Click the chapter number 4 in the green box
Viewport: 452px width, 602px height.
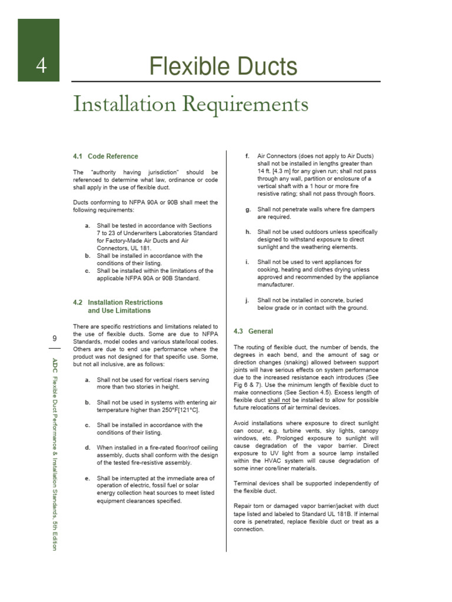41,66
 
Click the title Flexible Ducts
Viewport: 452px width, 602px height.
222,66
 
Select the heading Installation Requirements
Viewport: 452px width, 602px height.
191,105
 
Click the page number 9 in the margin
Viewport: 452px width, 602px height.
55,339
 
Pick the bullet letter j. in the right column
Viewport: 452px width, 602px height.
247,300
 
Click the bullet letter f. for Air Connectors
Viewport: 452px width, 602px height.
247,156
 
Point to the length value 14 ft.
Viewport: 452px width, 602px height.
264,171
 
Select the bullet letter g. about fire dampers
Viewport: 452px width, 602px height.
247,209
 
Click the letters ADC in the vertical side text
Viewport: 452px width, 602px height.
54,363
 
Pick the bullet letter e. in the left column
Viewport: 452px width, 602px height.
87,479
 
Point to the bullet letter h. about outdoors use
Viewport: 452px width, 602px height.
247,232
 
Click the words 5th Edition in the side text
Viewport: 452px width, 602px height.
54,534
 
